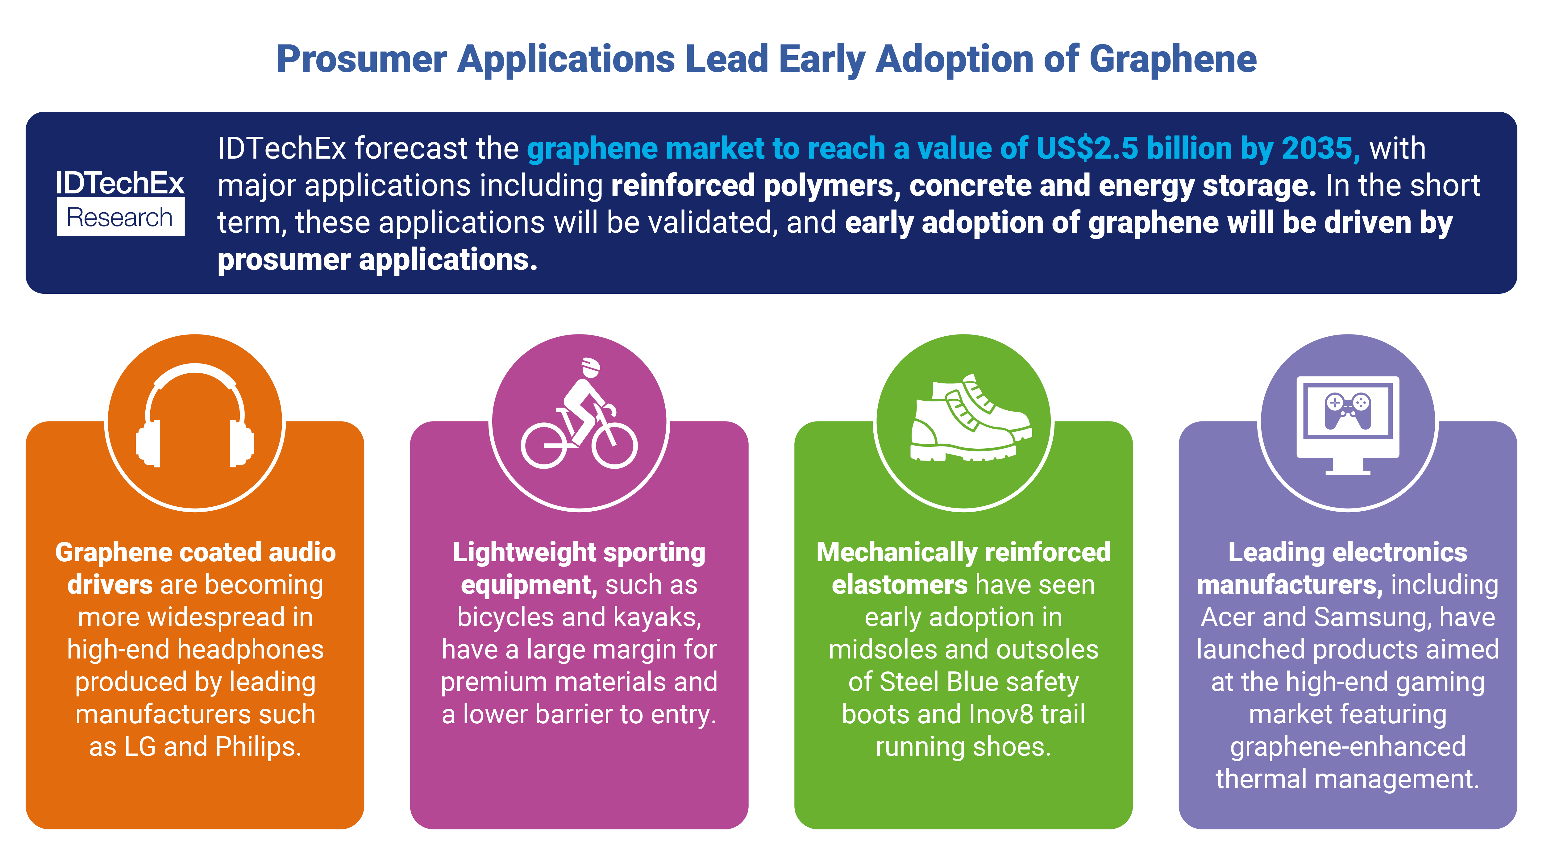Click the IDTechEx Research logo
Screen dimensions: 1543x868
click(x=120, y=202)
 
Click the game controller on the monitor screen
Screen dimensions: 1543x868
click(x=1348, y=411)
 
